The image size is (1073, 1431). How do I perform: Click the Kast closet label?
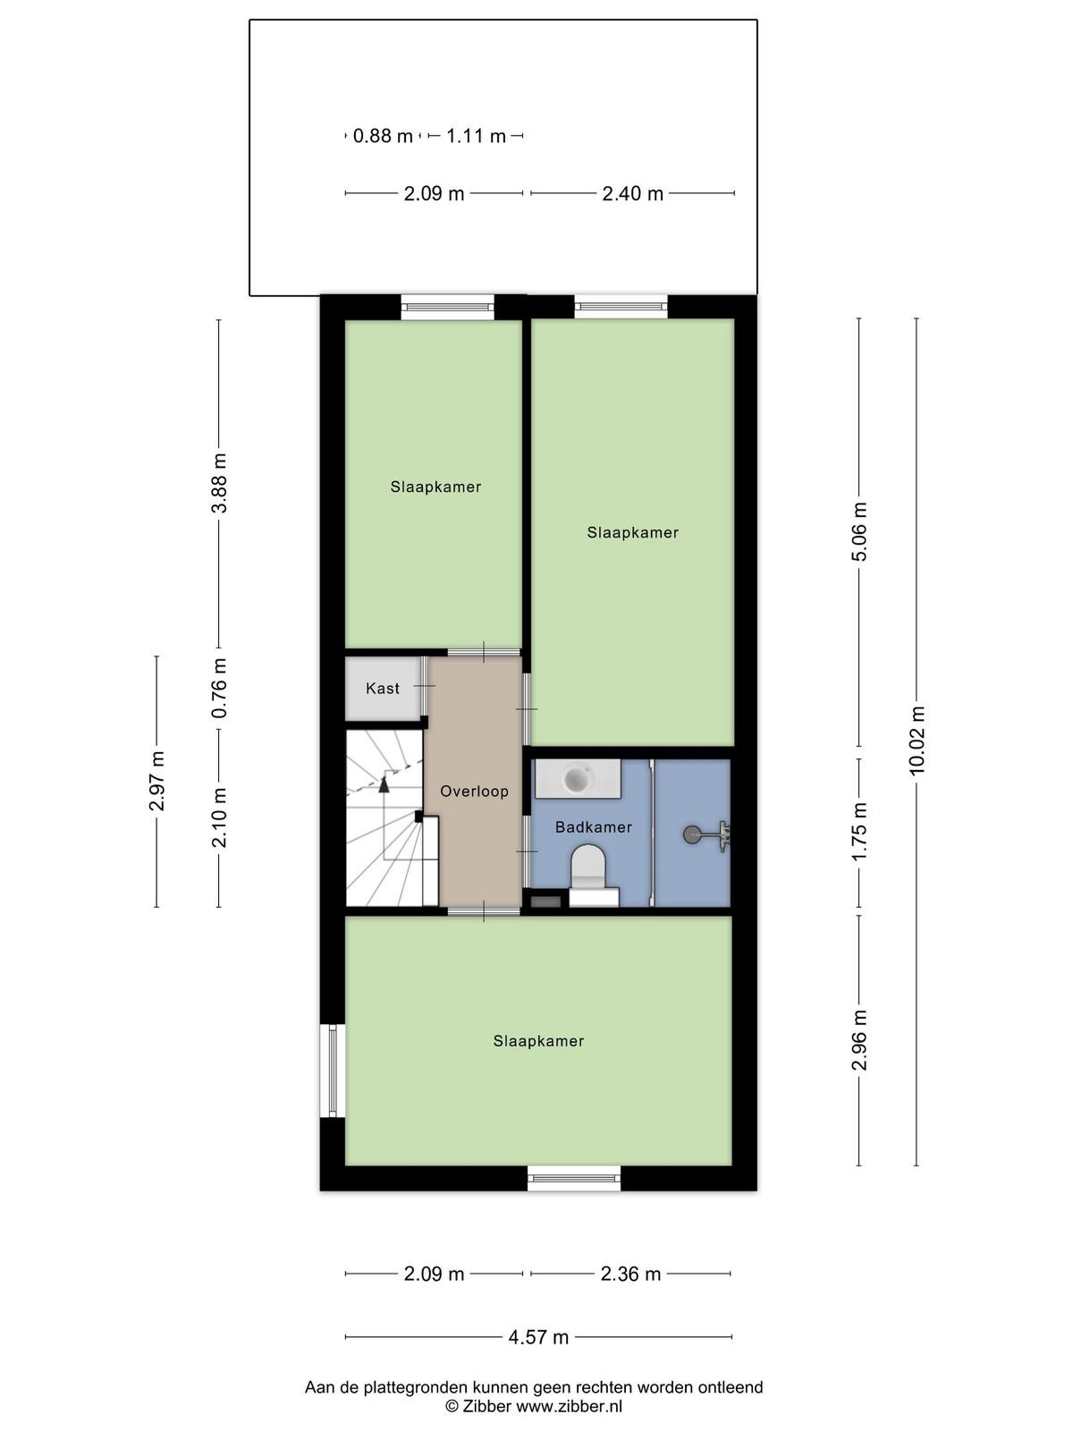coord(383,689)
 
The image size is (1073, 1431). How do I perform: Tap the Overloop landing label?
coord(474,792)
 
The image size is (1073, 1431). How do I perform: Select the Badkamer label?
coord(594,827)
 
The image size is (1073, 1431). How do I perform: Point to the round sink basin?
coord(578,778)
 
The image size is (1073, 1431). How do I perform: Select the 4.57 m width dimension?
coord(538,1338)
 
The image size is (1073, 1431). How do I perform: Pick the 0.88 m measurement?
coord(383,136)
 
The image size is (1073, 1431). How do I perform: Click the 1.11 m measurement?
coord(476,136)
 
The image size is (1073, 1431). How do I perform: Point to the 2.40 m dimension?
coord(632,193)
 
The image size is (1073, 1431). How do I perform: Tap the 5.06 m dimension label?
coord(859,532)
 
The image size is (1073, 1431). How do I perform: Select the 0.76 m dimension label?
coord(219,689)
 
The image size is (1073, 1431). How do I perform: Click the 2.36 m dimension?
coord(630,1274)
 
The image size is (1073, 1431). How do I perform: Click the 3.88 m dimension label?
coord(219,484)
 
